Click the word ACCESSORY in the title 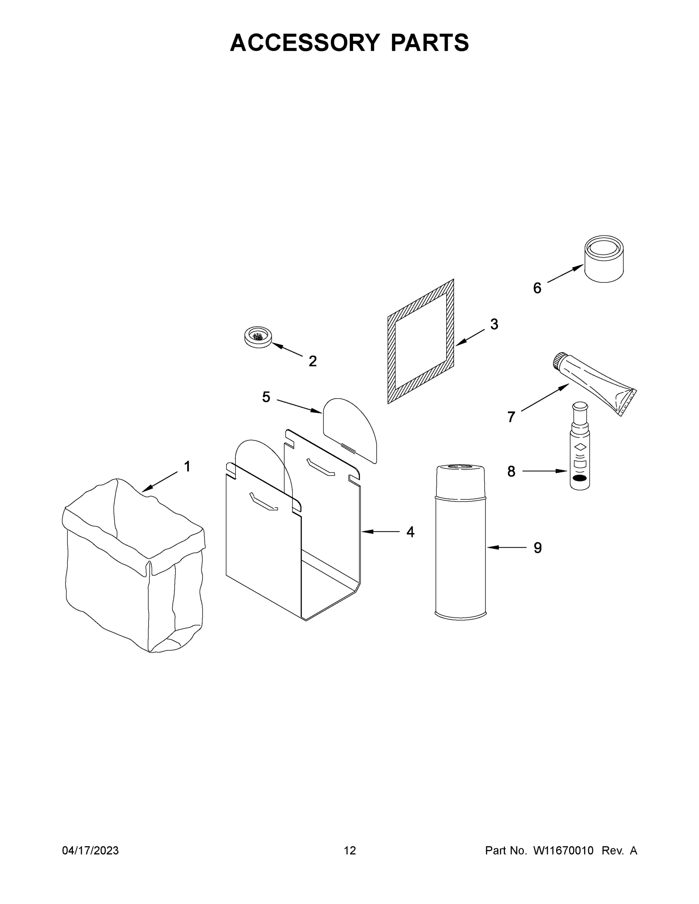(304, 43)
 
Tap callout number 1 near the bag (187, 466)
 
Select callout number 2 (313, 361)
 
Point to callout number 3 (494, 324)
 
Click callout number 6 (537, 288)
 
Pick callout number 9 (537, 548)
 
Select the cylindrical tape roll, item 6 (604, 259)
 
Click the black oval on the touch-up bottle (579, 479)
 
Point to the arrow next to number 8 (545, 470)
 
